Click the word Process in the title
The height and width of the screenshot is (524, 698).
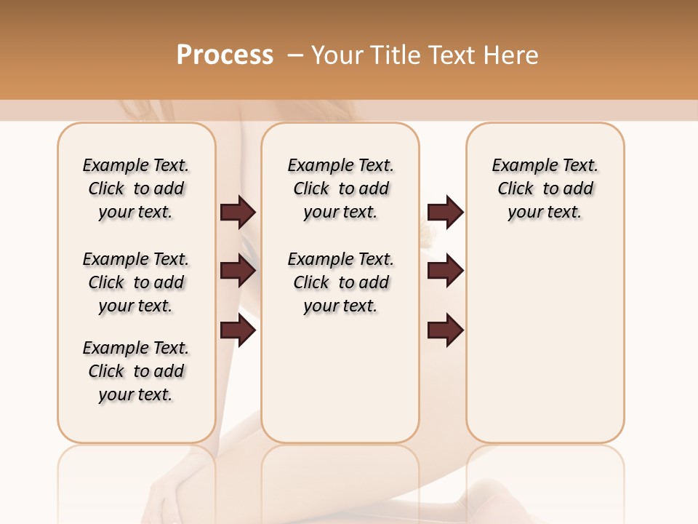coord(225,55)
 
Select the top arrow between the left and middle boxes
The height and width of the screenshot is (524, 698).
coord(238,213)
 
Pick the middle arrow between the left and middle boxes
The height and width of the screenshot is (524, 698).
coord(238,271)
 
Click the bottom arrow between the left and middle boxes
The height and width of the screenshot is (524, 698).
coord(238,331)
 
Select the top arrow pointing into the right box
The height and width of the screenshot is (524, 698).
coord(445,213)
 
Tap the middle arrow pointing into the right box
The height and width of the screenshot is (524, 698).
coord(445,271)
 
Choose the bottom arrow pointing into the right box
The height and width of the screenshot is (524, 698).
coord(445,331)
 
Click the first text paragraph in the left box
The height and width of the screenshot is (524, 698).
coord(136,188)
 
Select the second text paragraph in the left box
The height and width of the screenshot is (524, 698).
coord(136,282)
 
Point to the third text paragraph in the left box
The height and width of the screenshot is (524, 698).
coord(136,371)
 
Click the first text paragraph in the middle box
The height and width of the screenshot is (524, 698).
coord(340,188)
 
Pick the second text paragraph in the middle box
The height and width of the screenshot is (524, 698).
coord(340,282)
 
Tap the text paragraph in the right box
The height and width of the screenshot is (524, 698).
coord(545,188)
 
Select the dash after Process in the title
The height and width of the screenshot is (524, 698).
coord(295,55)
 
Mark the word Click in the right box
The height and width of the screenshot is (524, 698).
coord(516,189)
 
